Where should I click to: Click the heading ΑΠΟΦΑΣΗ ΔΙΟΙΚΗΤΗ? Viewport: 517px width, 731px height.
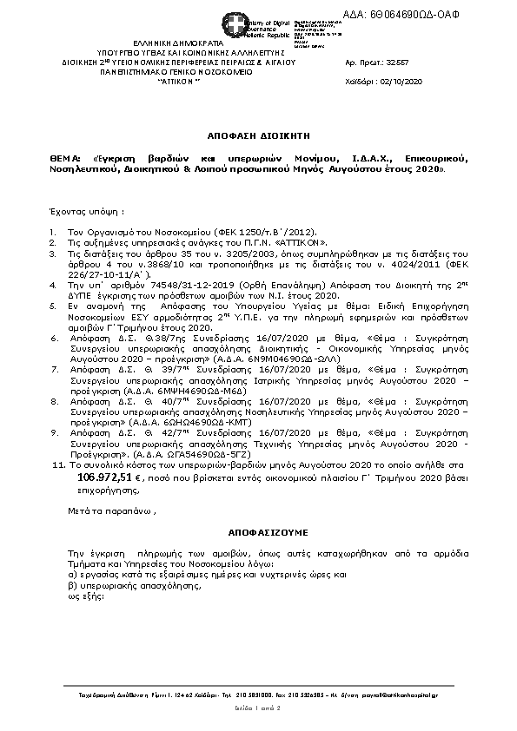tap(257, 137)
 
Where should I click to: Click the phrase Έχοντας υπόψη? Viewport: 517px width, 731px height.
tap(85, 211)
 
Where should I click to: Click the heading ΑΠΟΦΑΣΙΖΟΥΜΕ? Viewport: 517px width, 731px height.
tap(256, 530)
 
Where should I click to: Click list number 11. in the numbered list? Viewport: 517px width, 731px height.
tap(58, 465)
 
